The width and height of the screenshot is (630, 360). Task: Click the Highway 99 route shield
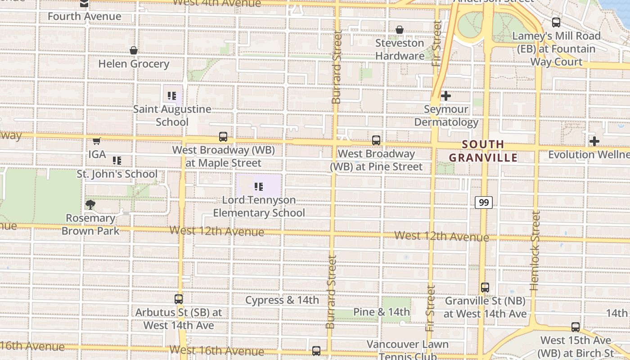click(x=484, y=202)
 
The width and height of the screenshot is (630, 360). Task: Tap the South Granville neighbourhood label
click(x=483, y=151)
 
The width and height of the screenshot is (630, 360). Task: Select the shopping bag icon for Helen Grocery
click(x=134, y=50)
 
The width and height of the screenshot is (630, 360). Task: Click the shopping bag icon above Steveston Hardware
click(x=400, y=30)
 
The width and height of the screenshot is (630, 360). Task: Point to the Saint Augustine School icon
click(x=172, y=95)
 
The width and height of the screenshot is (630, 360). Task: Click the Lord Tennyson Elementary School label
click(x=259, y=206)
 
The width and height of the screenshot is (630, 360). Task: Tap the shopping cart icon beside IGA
click(x=96, y=141)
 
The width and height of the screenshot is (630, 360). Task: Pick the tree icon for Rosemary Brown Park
click(x=90, y=205)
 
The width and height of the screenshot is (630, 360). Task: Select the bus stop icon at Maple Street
click(x=223, y=137)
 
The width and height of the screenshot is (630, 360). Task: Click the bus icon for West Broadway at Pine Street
click(x=376, y=140)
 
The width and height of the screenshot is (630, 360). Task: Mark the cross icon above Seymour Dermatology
click(x=446, y=96)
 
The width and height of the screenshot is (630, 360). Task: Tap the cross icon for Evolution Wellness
click(x=594, y=141)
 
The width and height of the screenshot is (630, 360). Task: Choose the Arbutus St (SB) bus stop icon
click(x=179, y=299)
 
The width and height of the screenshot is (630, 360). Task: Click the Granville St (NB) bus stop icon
click(x=485, y=287)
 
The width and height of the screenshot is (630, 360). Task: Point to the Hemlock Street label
click(x=535, y=250)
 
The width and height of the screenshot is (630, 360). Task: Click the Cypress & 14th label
click(x=282, y=300)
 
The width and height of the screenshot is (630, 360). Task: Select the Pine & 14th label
click(x=382, y=312)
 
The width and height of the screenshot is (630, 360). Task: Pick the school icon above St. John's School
click(x=117, y=161)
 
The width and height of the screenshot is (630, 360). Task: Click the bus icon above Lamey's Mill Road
click(x=556, y=22)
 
